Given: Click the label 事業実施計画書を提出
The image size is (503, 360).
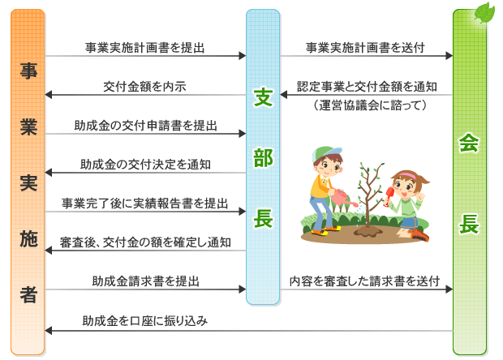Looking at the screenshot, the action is coord(144,48).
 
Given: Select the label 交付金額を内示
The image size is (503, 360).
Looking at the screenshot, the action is coord(144,87).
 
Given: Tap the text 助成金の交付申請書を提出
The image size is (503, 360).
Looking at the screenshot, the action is coord(146,126).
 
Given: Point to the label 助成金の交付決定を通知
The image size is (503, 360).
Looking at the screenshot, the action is coord(145,165).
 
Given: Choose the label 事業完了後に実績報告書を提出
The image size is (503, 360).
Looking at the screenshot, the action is coord(145,204).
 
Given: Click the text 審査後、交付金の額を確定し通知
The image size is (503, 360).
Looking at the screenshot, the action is coord(145,242).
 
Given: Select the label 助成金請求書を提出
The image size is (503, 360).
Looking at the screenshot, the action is coord(146,281).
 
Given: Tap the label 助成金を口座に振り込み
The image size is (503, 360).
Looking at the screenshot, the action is coord(145,320).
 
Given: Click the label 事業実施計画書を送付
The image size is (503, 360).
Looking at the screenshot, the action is coord(365,48).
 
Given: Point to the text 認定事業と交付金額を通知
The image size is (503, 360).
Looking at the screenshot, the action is coord(367,87).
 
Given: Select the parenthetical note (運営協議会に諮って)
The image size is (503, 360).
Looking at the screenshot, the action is coord(370,105).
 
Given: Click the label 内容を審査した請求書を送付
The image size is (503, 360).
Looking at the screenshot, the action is coord(364,281).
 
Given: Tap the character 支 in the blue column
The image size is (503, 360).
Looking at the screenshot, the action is coord(263,97).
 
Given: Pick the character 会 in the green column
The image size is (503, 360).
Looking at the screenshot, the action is coord(469,143).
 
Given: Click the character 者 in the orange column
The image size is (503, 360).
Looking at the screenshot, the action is coord(28,294).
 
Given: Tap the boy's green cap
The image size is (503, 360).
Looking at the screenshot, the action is coord(326,153).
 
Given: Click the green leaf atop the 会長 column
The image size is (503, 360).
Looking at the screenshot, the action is coord(485,13).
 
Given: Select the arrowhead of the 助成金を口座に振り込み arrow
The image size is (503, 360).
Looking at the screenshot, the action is coord(48,331).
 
